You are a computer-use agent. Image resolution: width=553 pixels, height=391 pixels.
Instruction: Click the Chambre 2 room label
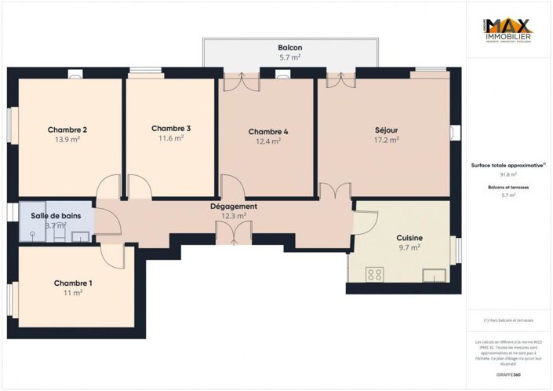coord(67,130)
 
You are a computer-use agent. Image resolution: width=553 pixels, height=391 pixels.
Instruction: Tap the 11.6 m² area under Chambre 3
coord(170,138)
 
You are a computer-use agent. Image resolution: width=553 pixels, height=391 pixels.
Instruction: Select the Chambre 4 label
coord(267,131)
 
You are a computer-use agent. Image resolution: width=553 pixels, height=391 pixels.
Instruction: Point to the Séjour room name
coord(387,130)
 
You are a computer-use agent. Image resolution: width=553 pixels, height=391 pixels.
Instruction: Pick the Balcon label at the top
coord(289,48)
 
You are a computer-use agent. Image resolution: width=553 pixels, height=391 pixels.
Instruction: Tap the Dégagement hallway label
coord(234,206)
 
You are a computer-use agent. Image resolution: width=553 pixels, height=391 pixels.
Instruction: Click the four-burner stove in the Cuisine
coord(375,274)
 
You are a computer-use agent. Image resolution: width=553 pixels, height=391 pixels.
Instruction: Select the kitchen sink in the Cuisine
coord(434,275)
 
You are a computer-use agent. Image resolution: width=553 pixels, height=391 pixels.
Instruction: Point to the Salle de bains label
coord(54,215)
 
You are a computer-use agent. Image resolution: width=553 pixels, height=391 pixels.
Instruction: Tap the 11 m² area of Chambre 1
coord(73,293)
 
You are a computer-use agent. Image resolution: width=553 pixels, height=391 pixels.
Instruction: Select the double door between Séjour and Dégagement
coord(335,191)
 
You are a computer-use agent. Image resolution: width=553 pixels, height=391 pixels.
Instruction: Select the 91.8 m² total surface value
coord(508,174)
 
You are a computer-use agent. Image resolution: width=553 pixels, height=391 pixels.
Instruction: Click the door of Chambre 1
coord(111,255)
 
